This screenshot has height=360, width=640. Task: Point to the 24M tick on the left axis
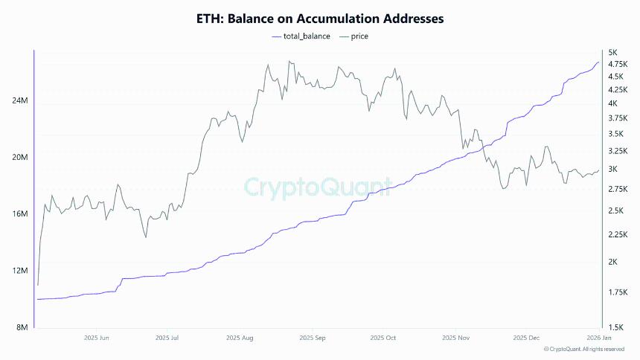18,102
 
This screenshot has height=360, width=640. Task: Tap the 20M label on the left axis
18,158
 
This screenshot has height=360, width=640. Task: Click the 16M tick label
18,214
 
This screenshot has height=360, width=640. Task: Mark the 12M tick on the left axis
18,271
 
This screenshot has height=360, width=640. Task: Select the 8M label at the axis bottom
20,327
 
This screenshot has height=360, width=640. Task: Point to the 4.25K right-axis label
618,90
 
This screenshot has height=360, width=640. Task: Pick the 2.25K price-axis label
618,235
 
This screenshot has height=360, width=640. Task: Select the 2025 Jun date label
97,338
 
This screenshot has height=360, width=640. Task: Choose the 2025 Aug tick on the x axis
240,338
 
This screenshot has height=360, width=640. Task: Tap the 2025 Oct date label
382,338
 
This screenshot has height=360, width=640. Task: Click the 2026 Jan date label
596,338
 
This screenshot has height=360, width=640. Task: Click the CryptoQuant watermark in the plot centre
319,186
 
